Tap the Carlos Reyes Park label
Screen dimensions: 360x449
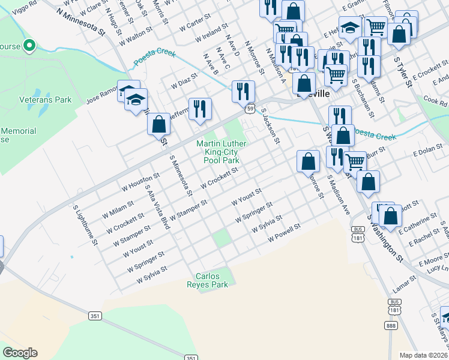pyautogui.click(x=211, y=281)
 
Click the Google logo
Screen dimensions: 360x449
pyautogui.click(x=20, y=353)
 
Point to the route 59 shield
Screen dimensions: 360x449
pyautogui.click(x=249, y=109)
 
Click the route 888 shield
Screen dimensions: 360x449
pyautogui.click(x=391, y=326)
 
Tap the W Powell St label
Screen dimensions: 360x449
pyautogui.click(x=284, y=233)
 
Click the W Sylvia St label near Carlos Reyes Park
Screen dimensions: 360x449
pyautogui.click(x=151, y=275)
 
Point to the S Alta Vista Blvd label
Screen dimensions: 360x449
pyautogui.click(x=157, y=204)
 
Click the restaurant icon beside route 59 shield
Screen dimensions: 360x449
pyautogui.click(x=243, y=91)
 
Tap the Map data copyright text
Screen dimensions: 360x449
pyautogui.click(x=424, y=355)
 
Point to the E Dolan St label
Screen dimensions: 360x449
pyautogui.click(x=427, y=153)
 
